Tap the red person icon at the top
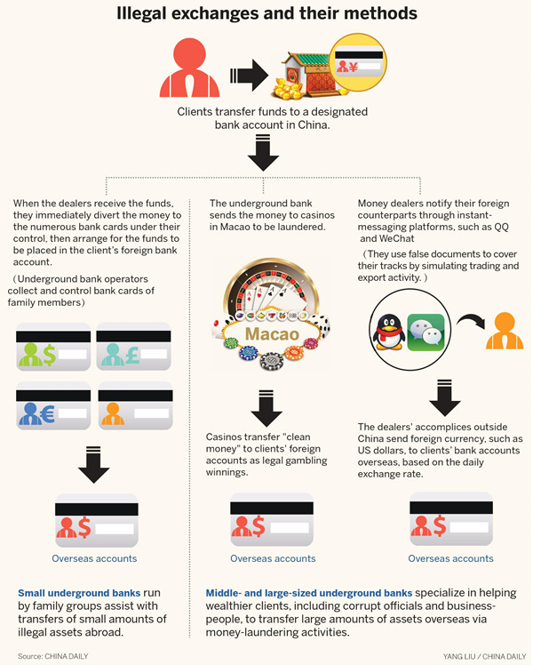click(x=188, y=70)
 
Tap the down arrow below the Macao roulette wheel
click(x=266, y=405)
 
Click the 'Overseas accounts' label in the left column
click(x=95, y=558)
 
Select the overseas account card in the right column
click(x=450, y=522)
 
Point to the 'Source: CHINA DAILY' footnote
click(x=52, y=656)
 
